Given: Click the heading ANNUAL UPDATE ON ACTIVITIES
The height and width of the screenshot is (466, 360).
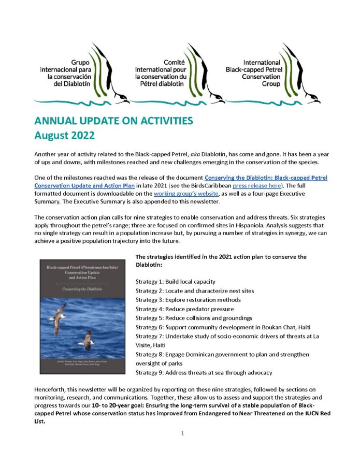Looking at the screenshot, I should [x=113, y=121].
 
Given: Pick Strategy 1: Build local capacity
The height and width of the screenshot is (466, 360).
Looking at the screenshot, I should [x=175, y=282].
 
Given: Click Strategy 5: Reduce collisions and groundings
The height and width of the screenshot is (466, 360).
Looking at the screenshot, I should [x=194, y=318].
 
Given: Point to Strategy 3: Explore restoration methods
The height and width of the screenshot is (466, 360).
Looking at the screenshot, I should [x=184, y=300].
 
